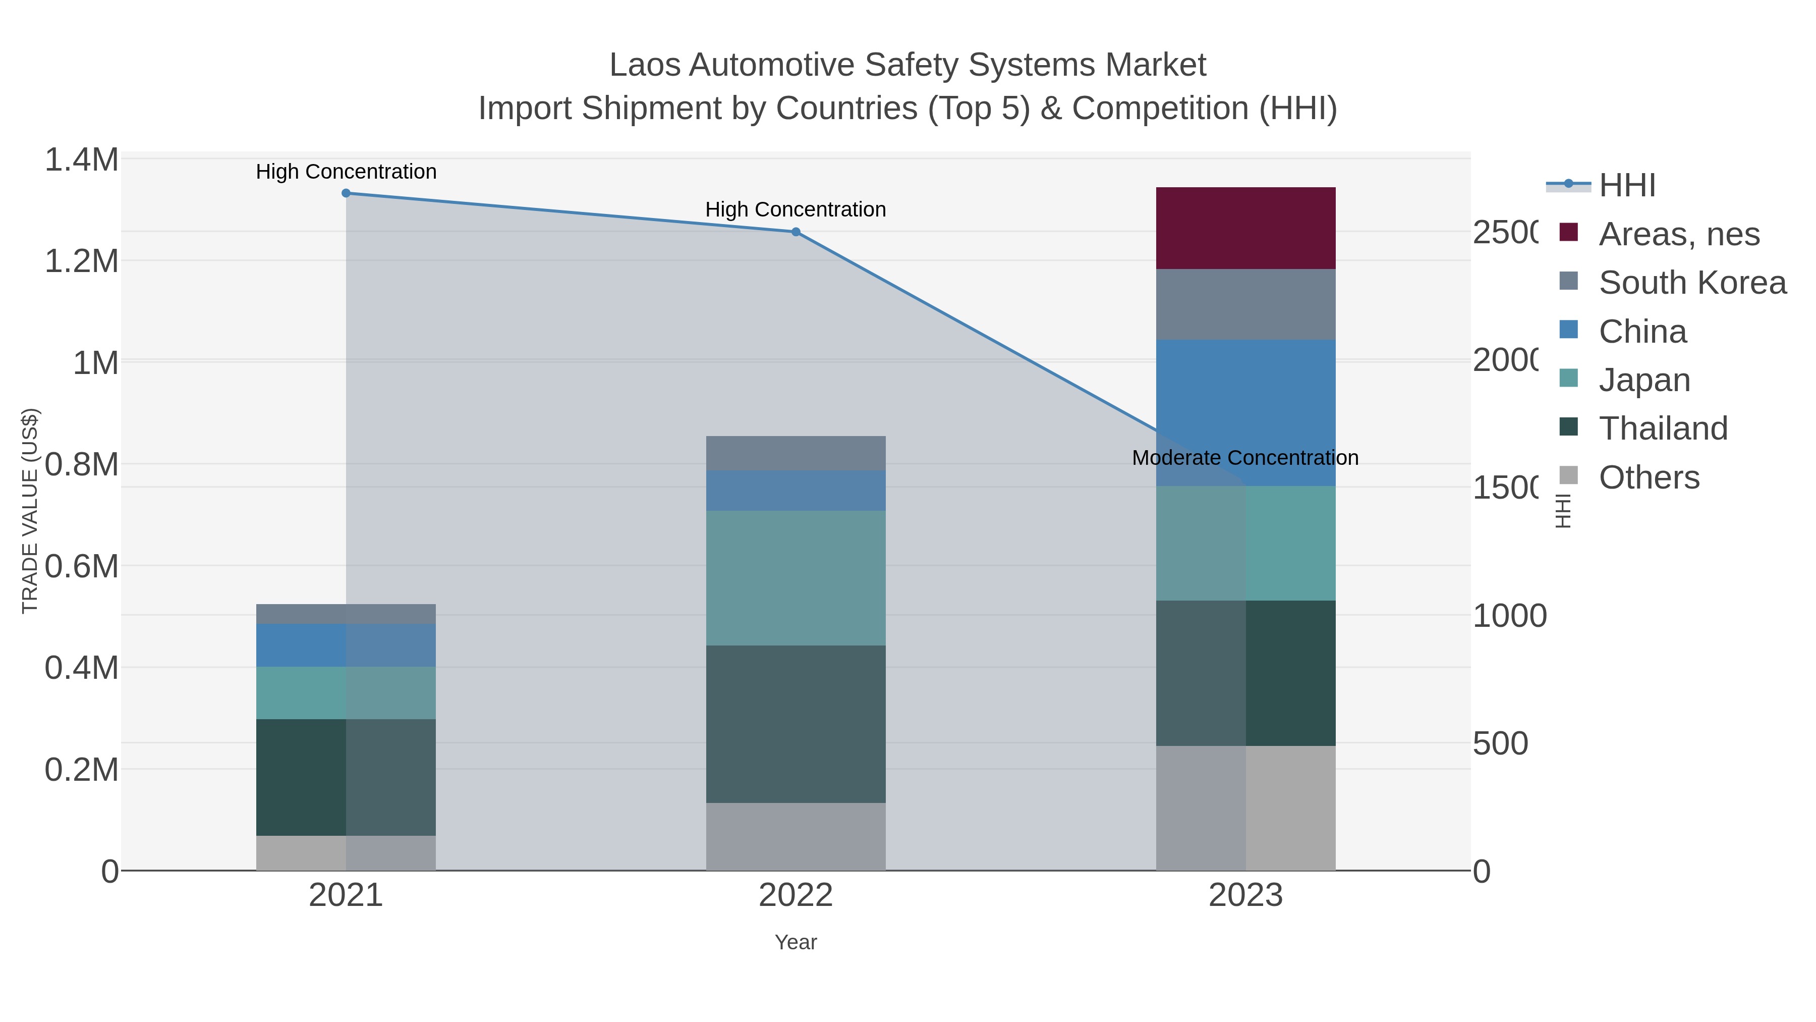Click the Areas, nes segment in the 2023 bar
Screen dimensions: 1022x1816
[1245, 228]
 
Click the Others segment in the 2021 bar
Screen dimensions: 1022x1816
[346, 853]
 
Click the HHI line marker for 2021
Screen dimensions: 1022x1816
[346, 193]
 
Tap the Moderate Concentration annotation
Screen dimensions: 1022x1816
[1244, 458]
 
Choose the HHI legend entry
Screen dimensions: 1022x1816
[1626, 186]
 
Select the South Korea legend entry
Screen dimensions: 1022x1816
[1691, 283]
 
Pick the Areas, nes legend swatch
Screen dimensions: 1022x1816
[1568, 233]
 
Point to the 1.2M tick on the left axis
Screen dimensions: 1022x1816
[82, 261]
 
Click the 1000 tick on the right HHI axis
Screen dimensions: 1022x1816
[1509, 616]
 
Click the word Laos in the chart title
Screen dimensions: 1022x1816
[644, 65]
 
